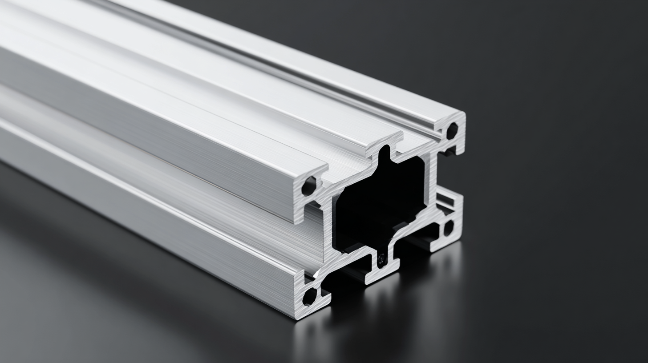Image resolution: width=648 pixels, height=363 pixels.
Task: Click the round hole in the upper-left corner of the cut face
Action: [x=308, y=186]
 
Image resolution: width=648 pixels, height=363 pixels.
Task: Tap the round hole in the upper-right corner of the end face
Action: [x=452, y=130]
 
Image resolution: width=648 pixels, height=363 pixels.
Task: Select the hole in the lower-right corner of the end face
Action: [x=448, y=228]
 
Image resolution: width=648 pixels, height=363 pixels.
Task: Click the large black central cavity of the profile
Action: [x=378, y=200]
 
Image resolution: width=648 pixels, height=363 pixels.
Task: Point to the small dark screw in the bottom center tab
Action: [x=381, y=258]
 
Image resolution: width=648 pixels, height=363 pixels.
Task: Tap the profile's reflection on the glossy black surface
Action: [x=378, y=320]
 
